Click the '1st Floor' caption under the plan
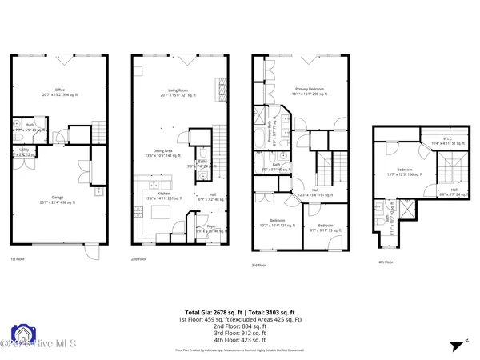click(x=18, y=259)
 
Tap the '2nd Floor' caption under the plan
click(x=139, y=259)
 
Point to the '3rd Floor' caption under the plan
click(x=259, y=265)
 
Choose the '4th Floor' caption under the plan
click(x=386, y=261)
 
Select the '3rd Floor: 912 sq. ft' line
click(x=240, y=334)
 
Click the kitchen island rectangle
click(x=162, y=212)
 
